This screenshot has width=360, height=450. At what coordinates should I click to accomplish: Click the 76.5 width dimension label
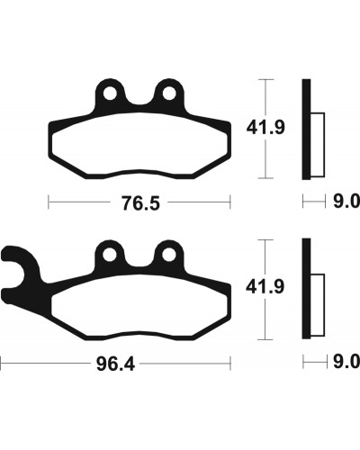click(140, 203)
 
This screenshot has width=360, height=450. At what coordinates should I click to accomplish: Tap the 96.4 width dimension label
click(115, 364)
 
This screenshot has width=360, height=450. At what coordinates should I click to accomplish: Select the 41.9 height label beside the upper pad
click(265, 128)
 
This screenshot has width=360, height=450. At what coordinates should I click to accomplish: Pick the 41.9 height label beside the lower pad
click(265, 287)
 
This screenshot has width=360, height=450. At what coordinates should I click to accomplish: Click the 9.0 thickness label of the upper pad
click(346, 202)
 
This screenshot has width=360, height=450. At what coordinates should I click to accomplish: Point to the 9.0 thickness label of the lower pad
click(346, 362)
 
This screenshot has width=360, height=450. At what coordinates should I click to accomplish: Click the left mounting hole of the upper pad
click(110, 94)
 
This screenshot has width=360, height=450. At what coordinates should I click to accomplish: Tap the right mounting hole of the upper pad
click(169, 94)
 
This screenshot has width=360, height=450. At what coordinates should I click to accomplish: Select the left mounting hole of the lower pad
click(109, 255)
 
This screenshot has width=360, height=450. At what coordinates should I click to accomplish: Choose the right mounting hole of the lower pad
click(169, 255)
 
